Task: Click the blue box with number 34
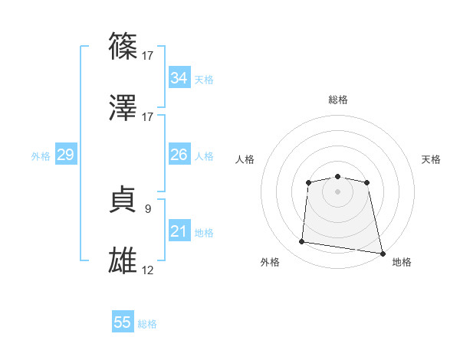click(x=179, y=78)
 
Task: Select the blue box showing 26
click(x=179, y=155)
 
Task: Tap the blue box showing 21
click(x=179, y=231)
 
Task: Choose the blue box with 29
click(x=65, y=155)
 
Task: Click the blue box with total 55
click(x=123, y=322)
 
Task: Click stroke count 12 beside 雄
click(x=147, y=270)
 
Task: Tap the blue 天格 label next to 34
click(x=203, y=79)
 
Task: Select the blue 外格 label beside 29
click(x=41, y=155)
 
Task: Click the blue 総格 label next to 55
click(x=147, y=323)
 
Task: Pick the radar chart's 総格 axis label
click(x=337, y=100)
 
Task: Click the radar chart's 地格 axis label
click(x=402, y=263)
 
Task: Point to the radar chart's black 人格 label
click(x=245, y=159)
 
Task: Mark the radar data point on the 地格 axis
click(x=381, y=253)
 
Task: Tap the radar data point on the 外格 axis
click(x=302, y=242)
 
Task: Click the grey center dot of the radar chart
click(x=337, y=191)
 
